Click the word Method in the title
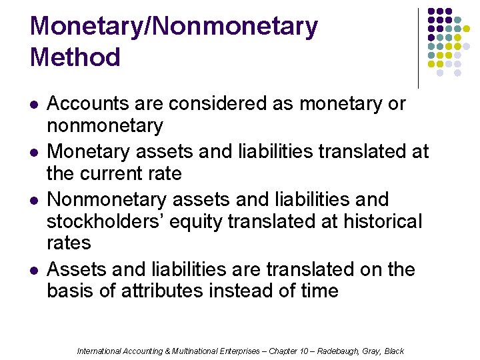point(75,57)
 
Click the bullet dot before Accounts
point(34,105)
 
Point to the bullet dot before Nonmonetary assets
point(34,201)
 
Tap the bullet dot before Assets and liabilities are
point(34,271)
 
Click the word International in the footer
point(99,351)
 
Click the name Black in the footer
point(395,351)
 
